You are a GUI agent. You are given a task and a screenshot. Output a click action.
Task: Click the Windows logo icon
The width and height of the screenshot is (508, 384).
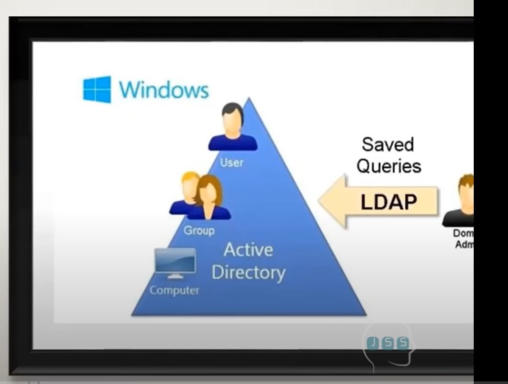pos(97,89)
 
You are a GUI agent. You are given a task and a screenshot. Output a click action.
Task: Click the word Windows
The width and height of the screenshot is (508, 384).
pos(164,90)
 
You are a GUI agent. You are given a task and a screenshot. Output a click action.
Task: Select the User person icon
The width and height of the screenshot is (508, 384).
pos(233,128)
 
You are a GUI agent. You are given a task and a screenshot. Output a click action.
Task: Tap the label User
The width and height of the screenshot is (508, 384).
pos(232,162)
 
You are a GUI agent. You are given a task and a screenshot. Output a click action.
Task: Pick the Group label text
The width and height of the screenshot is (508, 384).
pos(199,231)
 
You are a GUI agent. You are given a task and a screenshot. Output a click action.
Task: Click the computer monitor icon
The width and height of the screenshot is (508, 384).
pos(175,261)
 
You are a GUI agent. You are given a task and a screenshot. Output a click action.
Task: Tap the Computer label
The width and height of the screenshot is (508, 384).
pos(174,290)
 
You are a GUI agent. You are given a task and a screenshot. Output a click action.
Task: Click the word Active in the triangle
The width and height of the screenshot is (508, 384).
pos(248,250)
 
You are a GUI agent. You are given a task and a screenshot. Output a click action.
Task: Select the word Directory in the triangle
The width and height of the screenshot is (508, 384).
pos(248,273)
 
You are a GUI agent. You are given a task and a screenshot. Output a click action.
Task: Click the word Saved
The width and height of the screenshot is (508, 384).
pos(388,145)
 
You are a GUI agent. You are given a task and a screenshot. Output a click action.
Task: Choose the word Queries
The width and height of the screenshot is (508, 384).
pos(389,166)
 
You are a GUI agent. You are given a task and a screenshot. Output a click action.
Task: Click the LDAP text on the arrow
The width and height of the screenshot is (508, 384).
pos(388,202)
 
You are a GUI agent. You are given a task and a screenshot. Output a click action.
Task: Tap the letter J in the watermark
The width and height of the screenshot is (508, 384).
pos(372,343)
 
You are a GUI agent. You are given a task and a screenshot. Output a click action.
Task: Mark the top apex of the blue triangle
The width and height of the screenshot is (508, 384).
pos(248,99)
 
